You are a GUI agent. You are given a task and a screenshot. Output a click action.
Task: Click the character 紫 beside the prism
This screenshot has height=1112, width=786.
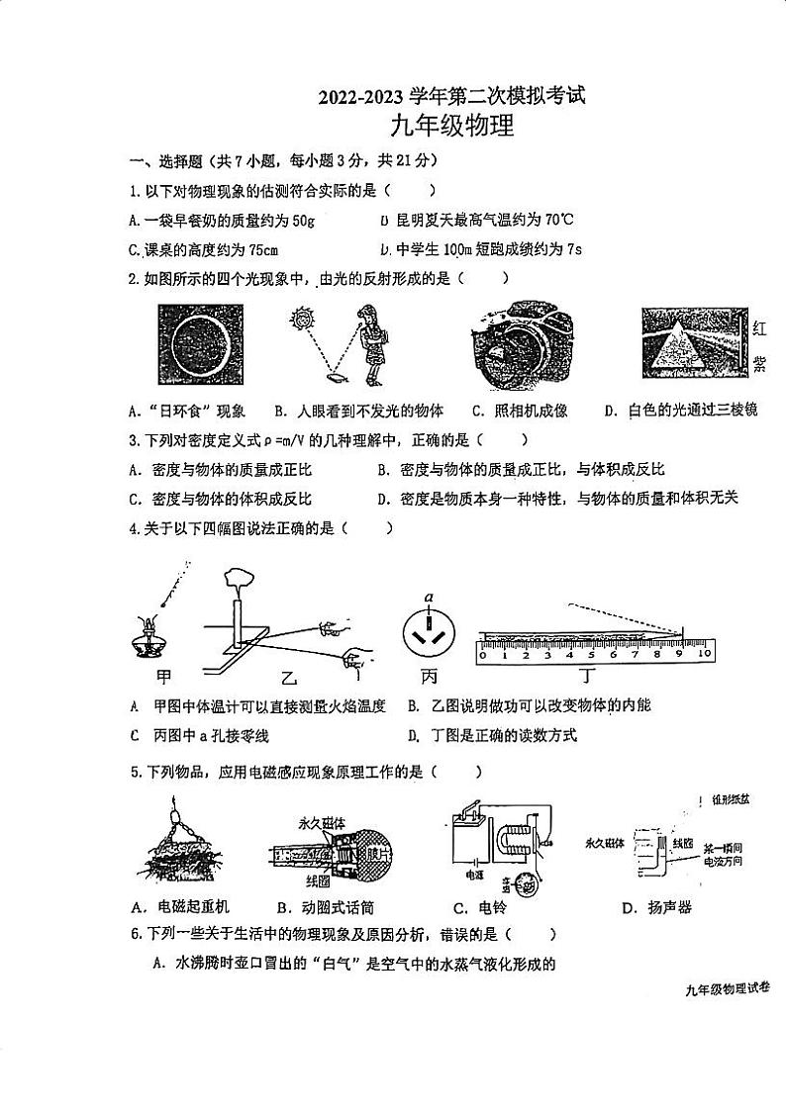pyautogui.click(x=760, y=365)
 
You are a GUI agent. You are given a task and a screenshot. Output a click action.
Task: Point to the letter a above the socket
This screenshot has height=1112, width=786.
pyautogui.click(x=429, y=598)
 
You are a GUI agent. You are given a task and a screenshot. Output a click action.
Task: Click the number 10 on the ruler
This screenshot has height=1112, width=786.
pyautogui.click(x=704, y=654)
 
